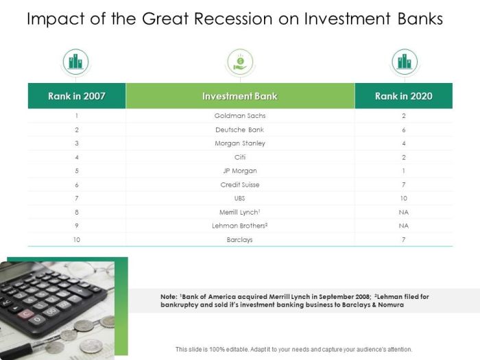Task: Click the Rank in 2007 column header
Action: point(76,96)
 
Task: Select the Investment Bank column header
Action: point(240,96)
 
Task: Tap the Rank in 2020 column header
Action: point(403,96)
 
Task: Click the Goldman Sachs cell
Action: point(240,116)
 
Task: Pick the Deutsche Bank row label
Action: point(240,130)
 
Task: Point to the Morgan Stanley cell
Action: point(240,143)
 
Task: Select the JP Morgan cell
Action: point(240,171)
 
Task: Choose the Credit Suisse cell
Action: point(240,184)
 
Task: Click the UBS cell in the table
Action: point(240,198)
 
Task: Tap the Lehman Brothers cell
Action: point(240,226)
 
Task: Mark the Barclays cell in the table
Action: point(240,240)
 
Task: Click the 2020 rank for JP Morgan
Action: point(403,171)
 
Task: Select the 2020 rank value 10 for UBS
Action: point(403,198)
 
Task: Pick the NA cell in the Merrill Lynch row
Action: point(403,212)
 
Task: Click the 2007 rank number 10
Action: point(76,240)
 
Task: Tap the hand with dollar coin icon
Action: point(240,62)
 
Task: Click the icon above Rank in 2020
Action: point(404,62)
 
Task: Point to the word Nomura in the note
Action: point(390,305)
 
